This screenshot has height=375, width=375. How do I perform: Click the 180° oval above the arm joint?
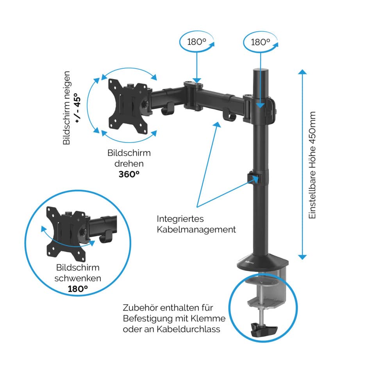pyautogui.click(x=197, y=41)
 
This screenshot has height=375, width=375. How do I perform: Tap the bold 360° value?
pyautogui.click(x=129, y=174)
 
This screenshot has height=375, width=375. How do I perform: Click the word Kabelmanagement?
pyautogui.click(x=196, y=229)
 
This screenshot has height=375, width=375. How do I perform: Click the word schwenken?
pyautogui.click(x=78, y=278)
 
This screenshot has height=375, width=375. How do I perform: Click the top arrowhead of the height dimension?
pyautogui.click(x=302, y=73)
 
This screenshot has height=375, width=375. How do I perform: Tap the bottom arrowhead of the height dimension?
pyautogui.click(x=302, y=256)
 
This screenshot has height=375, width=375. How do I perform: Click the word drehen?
pyautogui.click(x=129, y=164)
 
